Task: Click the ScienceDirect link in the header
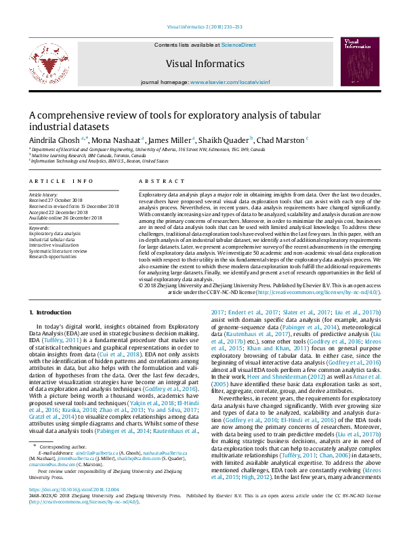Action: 238,45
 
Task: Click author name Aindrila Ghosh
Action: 54,140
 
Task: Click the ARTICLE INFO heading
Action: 60,182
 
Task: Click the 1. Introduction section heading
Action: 51,312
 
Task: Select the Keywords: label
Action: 39,228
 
